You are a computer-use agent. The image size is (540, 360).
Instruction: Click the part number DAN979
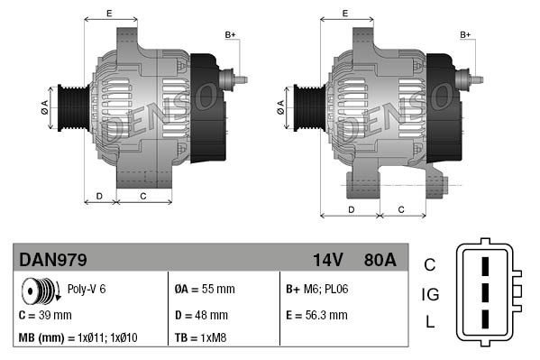point(53,260)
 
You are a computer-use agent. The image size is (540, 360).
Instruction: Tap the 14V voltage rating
point(328,260)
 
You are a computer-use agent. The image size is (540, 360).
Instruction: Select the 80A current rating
point(379,260)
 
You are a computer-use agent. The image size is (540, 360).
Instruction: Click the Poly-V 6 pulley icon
point(39,291)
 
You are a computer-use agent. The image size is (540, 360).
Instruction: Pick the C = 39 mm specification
point(45,315)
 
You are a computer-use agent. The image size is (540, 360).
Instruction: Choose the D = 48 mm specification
point(201,315)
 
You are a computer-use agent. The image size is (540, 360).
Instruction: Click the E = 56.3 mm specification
point(316,315)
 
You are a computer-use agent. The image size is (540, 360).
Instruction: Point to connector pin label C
point(429,264)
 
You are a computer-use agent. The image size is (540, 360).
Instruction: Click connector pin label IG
point(430,293)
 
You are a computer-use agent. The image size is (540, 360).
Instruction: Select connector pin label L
point(430,322)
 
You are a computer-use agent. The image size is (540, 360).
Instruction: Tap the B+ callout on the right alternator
point(465,35)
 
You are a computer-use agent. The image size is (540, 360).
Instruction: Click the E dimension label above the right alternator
point(345,13)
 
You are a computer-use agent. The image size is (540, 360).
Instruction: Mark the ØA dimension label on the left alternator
point(43,107)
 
